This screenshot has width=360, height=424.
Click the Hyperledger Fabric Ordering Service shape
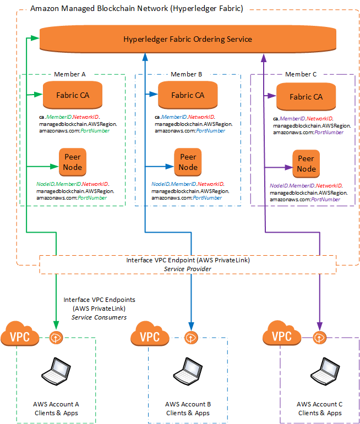tap(187, 40)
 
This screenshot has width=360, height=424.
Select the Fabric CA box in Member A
tap(73, 95)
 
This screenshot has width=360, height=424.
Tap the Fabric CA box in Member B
tap(187, 95)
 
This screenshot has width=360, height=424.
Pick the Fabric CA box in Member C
tap(306, 97)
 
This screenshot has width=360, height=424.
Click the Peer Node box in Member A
tap(73, 162)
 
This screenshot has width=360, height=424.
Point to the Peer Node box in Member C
tap(307, 164)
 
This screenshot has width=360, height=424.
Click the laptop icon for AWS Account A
tap(56, 373)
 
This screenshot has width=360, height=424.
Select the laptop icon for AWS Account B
tap(188, 373)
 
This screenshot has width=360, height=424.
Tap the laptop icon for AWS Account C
tap(319, 373)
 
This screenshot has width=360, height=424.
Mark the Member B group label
tap(187, 74)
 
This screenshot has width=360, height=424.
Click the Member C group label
tap(301, 74)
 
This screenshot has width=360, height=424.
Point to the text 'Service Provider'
tap(188, 268)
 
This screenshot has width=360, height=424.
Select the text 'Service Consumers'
tap(99, 317)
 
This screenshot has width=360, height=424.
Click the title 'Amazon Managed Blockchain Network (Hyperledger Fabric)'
tap(137, 9)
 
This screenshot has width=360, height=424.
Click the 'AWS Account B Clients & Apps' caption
tap(188, 409)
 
